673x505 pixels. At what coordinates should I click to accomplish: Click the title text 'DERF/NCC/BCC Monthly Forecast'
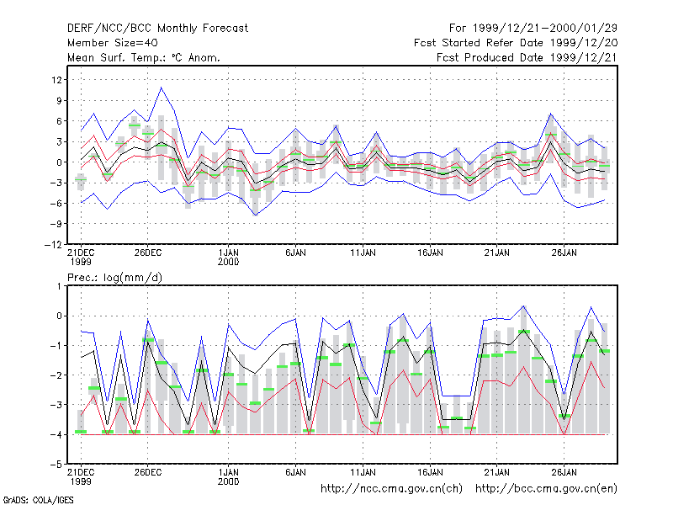pyautogui.click(x=157, y=29)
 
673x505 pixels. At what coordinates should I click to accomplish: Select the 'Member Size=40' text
pyautogui.click(x=113, y=43)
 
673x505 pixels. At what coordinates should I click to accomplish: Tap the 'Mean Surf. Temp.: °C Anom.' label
pyautogui.click(x=144, y=57)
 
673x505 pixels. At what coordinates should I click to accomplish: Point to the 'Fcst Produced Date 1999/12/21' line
pyautogui.click(x=527, y=57)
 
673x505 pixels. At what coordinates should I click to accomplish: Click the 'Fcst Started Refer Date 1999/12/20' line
pyautogui.click(x=516, y=43)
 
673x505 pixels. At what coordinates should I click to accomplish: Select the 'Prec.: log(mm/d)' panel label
pyautogui.click(x=114, y=278)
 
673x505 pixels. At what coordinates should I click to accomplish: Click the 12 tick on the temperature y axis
pyautogui.click(x=56, y=80)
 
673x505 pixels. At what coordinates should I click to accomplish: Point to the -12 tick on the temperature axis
pyautogui.click(x=53, y=244)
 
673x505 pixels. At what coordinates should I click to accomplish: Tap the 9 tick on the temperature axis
pyautogui.click(x=59, y=100)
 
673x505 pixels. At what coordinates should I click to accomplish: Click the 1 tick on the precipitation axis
pyautogui.click(x=59, y=286)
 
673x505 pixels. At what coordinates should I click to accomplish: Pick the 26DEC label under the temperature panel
pyautogui.click(x=148, y=252)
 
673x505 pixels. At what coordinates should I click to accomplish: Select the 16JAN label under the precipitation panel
pyautogui.click(x=430, y=472)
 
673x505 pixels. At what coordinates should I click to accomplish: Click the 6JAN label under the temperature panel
pyautogui.click(x=295, y=252)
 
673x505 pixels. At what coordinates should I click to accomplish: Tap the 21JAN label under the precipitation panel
pyautogui.click(x=497, y=472)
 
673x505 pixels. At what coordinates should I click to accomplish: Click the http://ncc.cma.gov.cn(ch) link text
pyautogui.click(x=391, y=489)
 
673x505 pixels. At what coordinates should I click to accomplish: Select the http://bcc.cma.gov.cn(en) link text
pyautogui.click(x=546, y=489)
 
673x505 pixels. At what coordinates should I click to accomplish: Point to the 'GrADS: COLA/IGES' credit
pyautogui.click(x=38, y=500)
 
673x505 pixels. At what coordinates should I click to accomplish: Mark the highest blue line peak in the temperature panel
pyautogui.click(x=162, y=88)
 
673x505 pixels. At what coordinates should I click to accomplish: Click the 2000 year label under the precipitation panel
pyautogui.click(x=228, y=481)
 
